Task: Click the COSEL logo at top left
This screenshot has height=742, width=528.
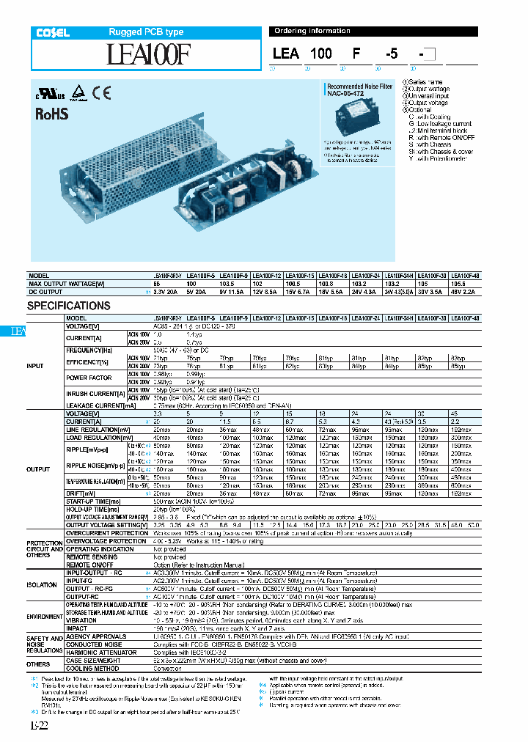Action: click(53, 32)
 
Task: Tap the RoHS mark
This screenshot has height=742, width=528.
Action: click(52, 114)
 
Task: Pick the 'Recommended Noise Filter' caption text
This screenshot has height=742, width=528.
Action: click(359, 86)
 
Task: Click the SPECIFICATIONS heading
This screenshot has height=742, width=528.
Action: click(69, 306)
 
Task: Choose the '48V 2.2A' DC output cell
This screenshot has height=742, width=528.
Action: click(463, 291)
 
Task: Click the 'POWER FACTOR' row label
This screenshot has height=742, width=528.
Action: click(90, 378)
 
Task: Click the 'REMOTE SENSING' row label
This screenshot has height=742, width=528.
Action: click(90, 557)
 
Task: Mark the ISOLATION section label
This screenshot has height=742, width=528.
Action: click(42, 585)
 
